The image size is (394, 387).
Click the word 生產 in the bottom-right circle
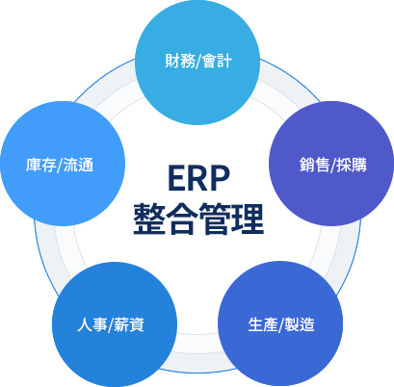[262, 322]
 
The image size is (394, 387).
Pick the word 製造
[299, 322]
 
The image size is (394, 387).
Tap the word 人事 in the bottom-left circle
[92, 322]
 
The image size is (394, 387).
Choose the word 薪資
[130, 322]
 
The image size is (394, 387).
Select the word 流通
[78, 165]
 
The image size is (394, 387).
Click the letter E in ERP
[174, 178]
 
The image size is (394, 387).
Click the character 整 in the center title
[149, 219]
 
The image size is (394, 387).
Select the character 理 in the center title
[248, 219]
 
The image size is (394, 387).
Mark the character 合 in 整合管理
[182, 219]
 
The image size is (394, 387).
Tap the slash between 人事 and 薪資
[111, 322]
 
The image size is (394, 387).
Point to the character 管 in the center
[215, 219]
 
